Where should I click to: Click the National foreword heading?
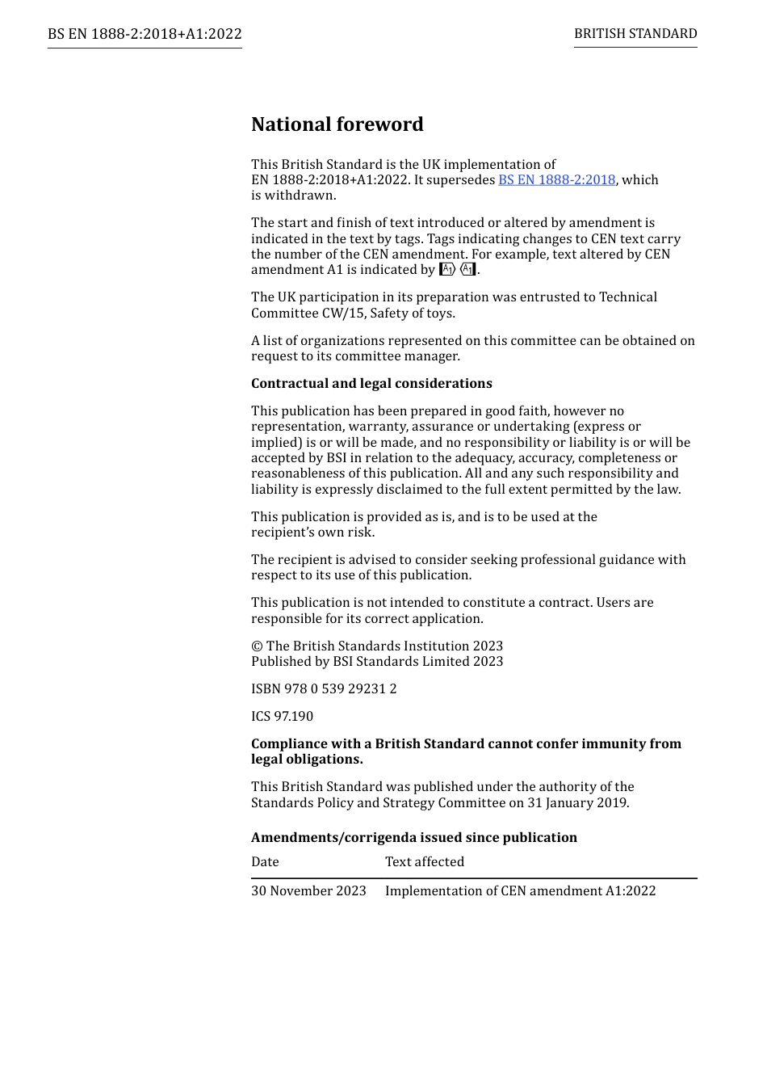tap(337, 124)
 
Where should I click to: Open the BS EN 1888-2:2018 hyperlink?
tap(556, 179)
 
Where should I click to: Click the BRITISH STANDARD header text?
tap(635, 34)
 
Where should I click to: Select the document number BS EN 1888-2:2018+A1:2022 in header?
tap(145, 34)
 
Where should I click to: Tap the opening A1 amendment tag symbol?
tap(447, 270)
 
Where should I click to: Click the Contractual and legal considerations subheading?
tap(371, 384)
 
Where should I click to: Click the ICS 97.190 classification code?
tap(282, 717)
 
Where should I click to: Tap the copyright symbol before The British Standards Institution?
tap(257, 646)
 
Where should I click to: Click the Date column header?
tap(265, 862)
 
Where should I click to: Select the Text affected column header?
tap(425, 862)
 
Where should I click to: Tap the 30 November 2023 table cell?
tap(308, 891)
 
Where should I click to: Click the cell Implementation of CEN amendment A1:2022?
tap(520, 891)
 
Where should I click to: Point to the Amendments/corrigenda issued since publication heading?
tap(413, 838)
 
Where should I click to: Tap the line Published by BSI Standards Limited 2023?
tap(377, 662)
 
